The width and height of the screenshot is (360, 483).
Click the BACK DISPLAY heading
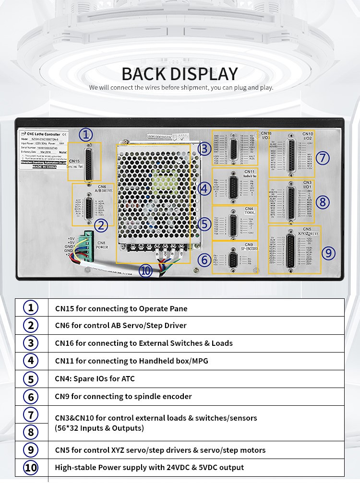(x=180, y=74)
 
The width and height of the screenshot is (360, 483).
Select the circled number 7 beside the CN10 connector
(x=323, y=157)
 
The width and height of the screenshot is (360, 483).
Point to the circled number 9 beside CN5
(x=328, y=252)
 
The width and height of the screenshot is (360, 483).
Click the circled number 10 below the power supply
(x=146, y=271)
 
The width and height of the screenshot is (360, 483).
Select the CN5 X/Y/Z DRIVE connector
(x=291, y=250)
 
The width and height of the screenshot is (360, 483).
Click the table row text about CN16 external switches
(x=144, y=343)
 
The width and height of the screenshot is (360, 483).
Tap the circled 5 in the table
(x=31, y=379)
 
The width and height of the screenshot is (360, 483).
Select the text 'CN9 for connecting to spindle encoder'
(x=123, y=396)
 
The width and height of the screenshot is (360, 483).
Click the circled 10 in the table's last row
(x=31, y=467)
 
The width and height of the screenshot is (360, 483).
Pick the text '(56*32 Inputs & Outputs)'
(x=99, y=428)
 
